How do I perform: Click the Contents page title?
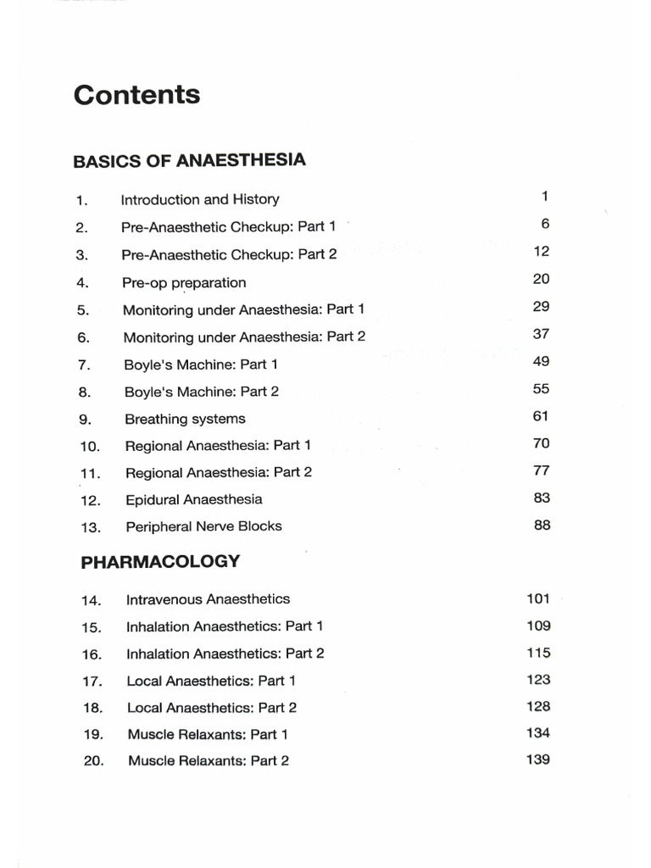coord(136,95)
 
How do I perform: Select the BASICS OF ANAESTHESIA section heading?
coord(189,160)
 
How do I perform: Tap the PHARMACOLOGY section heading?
coord(160,562)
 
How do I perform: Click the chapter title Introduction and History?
coord(200,200)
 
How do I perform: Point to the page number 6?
coord(545,224)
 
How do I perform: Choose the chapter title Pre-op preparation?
coord(184,282)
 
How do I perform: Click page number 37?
coord(541,334)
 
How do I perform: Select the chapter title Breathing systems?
coord(185,419)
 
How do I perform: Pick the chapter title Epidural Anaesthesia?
coord(193,499)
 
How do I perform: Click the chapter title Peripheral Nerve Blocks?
coord(203,526)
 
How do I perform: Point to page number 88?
coord(542,525)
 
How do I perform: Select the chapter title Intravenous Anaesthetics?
coord(208,599)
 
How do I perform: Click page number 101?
coord(537,598)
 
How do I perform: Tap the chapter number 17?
coord(92,682)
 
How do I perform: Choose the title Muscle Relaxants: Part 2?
coord(208,761)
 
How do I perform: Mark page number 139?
coord(537,759)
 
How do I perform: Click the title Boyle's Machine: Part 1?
coord(201,364)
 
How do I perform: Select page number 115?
coord(537,653)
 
